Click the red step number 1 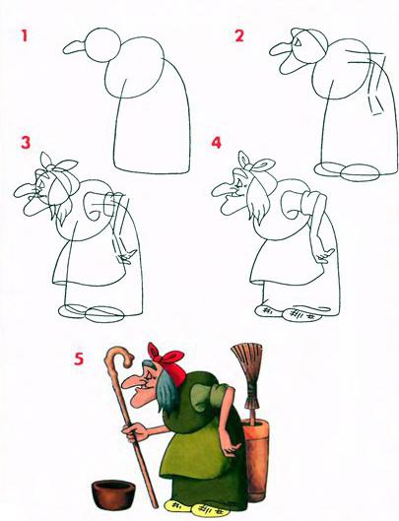tap(25, 35)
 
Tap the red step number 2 tap(239, 35)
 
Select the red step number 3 tap(26, 142)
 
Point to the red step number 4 tap(216, 143)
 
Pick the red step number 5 tap(79, 358)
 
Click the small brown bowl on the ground tap(113, 494)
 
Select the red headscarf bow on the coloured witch tap(166, 358)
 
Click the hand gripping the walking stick tap(135, 432)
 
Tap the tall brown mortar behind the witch tap(257, 460)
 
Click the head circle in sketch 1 tap(103, 45)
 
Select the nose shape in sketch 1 tap(75, 47)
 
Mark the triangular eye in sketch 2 tap(298, 42)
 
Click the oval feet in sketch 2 tap(347, 171)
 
